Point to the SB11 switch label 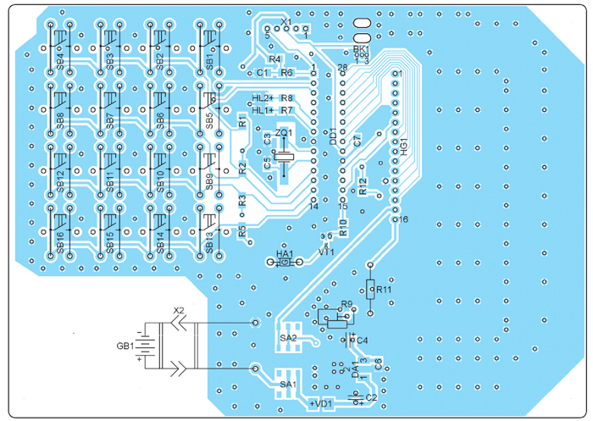point(110,181)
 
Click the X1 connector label point(285,21)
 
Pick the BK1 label point(362,50)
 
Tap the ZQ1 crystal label point(283,133)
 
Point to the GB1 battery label point(125,346)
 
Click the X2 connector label point(177,309)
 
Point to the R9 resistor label point(346,304)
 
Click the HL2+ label point(263,98)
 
